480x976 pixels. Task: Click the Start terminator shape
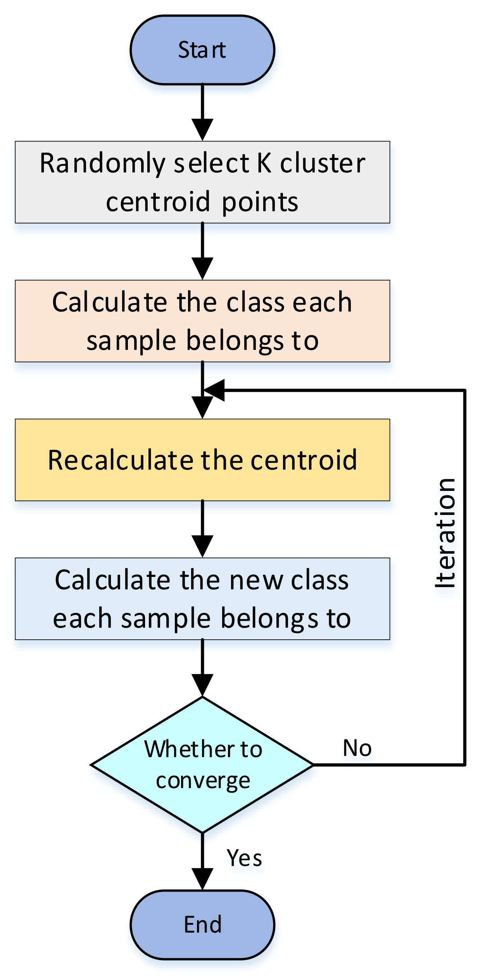202,50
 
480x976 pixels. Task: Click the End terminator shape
202,924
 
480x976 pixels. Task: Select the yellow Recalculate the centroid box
202,460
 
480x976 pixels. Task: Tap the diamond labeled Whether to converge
202,764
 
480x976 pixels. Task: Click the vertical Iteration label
445,533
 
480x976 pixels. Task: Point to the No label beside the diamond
357,748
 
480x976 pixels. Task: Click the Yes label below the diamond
244,857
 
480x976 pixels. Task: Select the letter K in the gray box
264,163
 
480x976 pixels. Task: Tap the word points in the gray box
260,203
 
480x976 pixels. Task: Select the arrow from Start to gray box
202,112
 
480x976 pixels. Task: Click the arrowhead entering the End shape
202,879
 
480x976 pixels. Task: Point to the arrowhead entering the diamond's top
202,685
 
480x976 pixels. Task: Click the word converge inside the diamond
203,781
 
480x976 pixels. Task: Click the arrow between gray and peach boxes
202,251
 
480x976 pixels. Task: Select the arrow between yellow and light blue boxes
202,529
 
